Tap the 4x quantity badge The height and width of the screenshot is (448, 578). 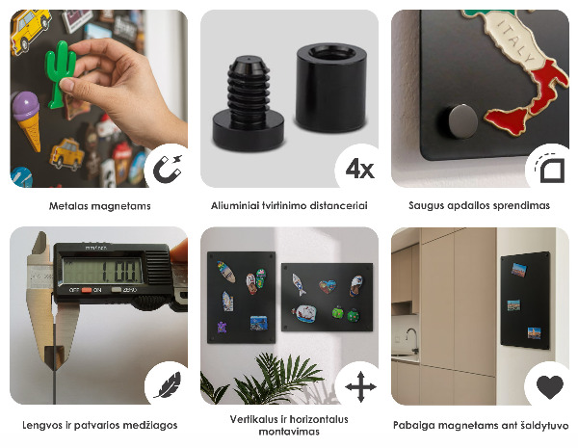click(358, 170)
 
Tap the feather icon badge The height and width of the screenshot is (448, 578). click(165, 386)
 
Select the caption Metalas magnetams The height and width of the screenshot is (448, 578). click(99, 205)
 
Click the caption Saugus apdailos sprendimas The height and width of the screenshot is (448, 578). click(479, 205)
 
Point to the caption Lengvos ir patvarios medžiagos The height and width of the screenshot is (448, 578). click(99, 425)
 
